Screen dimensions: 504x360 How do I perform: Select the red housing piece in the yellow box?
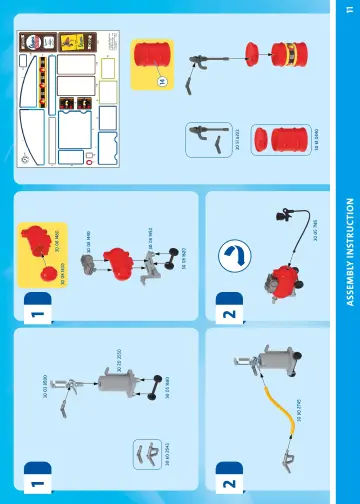point(39,239)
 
